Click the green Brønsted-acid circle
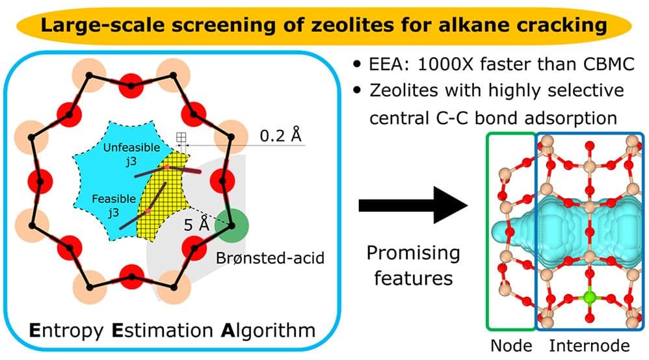pyautogui.click(x=232, y=224)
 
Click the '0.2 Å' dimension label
pyautogui.click(x=281, y=136)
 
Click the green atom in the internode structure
pyautogui.click(x=589, y=298)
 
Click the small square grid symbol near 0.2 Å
pyautogui.click(x=181, y=137)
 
